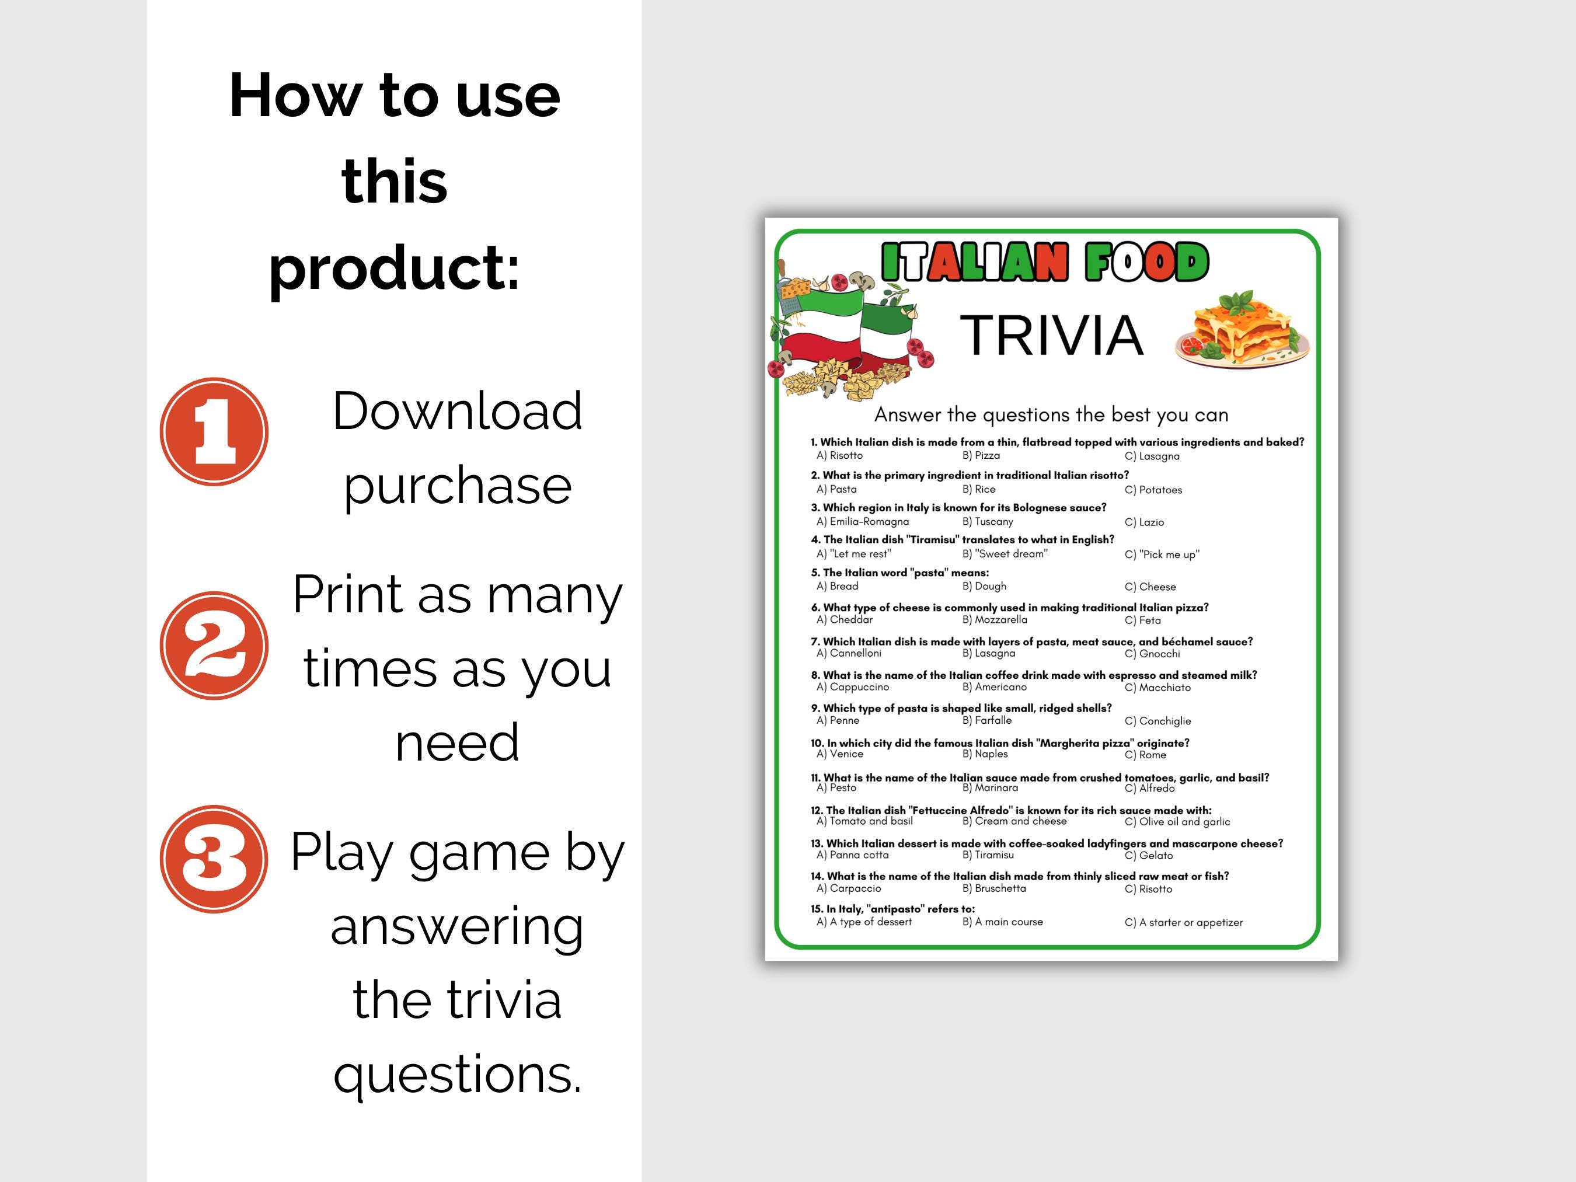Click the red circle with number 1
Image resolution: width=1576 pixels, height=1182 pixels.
point(214,432)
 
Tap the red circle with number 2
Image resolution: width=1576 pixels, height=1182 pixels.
point(214,646)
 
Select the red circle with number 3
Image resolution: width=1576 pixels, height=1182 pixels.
point(214,859)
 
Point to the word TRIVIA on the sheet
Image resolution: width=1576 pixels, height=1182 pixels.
point(1052,335)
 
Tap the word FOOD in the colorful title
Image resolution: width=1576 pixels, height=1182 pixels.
point(1147,262)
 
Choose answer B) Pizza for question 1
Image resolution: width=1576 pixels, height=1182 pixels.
point(981,455)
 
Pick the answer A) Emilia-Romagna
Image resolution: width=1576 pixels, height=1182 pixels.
point(863,521)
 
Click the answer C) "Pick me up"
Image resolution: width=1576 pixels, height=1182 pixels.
point(1162,555)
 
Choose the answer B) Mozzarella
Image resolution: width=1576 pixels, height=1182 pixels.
point(995,620)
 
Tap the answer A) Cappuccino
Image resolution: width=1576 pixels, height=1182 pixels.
point(853,687)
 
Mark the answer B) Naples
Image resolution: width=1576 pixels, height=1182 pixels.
point(985,754)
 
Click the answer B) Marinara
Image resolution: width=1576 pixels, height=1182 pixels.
point(991,788)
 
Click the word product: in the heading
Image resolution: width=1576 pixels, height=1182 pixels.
point(395,267)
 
